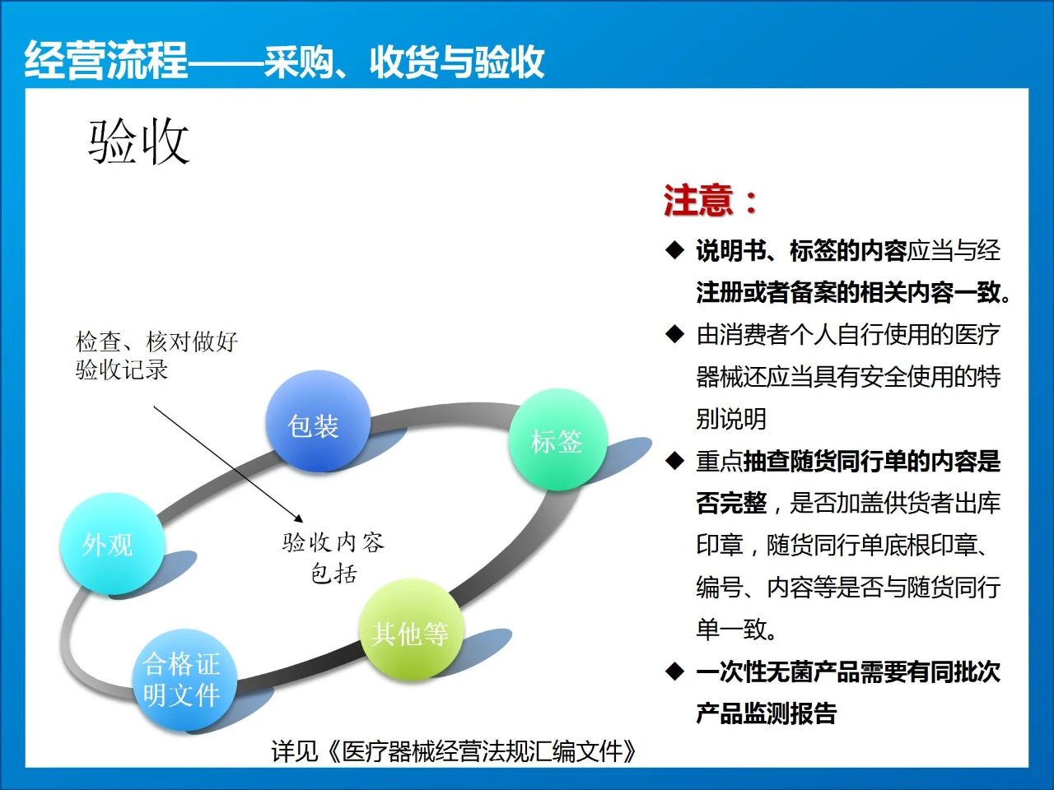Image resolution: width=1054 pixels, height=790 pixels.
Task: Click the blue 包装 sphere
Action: [x=317, y=421]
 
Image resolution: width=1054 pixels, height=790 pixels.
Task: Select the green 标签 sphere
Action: [x=558, y=439]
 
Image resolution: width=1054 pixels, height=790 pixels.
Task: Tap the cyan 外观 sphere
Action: [x=112, y=543]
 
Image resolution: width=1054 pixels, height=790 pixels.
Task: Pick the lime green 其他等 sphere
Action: [x=411, y=630]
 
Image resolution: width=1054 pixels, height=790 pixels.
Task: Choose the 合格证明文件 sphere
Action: [x=185, y=680]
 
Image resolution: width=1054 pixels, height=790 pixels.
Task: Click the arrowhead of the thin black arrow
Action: [x=299, y=518]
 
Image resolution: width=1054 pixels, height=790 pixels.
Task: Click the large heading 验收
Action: [x=138, y=142]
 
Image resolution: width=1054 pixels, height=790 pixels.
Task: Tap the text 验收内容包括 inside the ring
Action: [x=333, y=558]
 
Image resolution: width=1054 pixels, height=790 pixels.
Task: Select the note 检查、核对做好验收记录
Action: [x=156, y=355]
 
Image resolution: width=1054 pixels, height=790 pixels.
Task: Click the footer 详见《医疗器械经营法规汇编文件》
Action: [x=453, y=750]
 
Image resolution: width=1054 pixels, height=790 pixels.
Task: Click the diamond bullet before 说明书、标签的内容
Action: [x=674, y=250]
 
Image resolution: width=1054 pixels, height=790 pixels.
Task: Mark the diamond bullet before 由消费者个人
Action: [x=674, y=334]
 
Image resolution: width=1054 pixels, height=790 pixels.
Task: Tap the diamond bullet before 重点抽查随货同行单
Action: [x=674, y=461]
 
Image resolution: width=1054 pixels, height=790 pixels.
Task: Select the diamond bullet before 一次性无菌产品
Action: [x=674, y=671]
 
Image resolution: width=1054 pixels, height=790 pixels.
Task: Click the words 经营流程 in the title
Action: [x=105, y=60]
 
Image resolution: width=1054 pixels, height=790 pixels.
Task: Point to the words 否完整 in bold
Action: [x=731, y=503]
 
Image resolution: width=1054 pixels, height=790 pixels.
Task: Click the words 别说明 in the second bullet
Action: [x=731, y=418]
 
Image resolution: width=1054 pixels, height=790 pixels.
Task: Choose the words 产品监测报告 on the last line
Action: [x=767, y=713]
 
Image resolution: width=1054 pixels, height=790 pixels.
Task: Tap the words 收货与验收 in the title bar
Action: [x=457, y=62]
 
